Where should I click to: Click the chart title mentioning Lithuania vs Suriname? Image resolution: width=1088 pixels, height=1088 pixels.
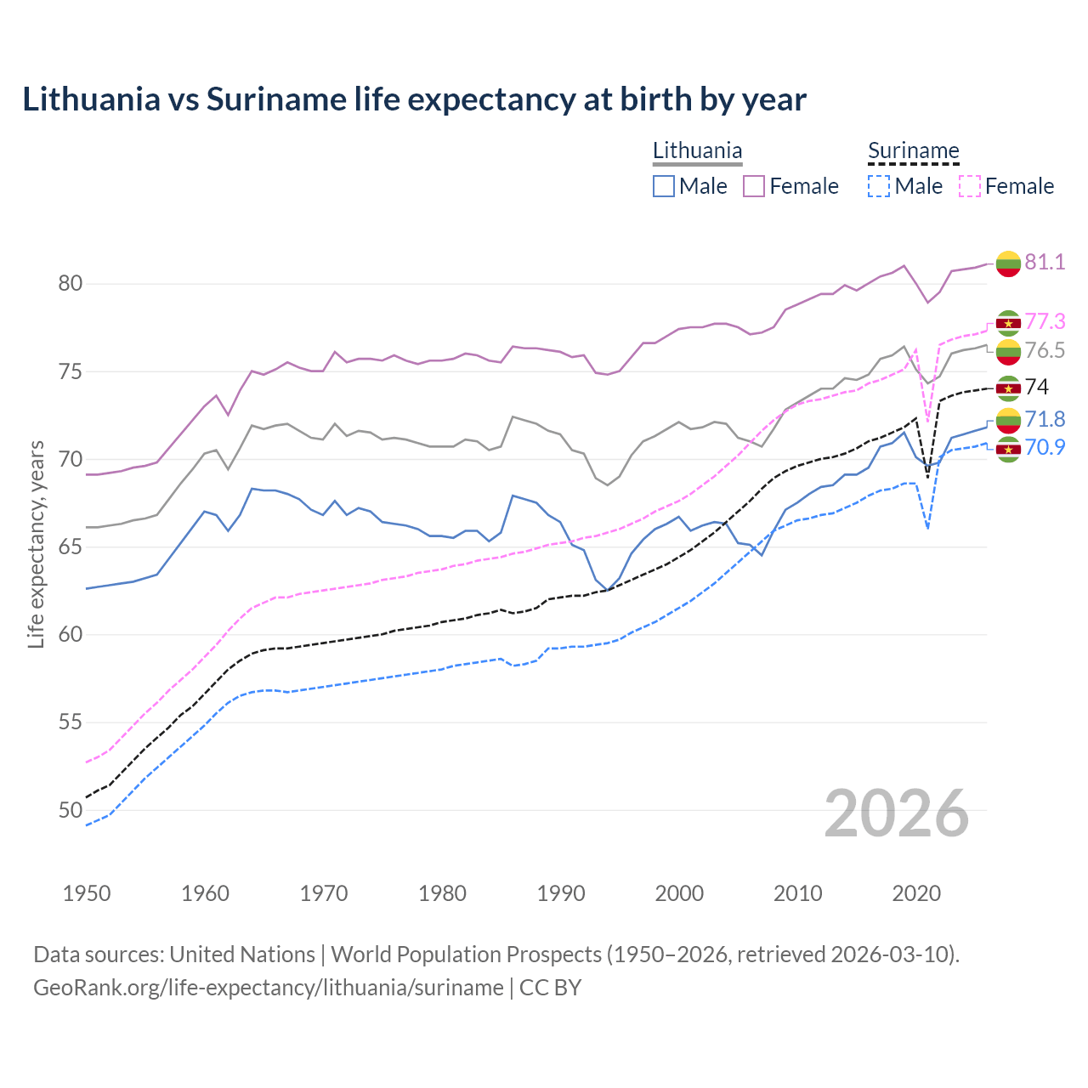point(414,99)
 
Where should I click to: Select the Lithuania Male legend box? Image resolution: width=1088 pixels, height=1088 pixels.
point(664,186)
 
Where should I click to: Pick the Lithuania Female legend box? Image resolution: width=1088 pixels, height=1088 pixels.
point(754,186)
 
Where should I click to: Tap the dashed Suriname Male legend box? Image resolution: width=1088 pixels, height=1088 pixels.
point(879,186)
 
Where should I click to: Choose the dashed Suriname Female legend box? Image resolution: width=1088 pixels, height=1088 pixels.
point(969,186)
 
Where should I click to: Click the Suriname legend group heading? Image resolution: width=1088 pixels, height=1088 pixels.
point(913,151)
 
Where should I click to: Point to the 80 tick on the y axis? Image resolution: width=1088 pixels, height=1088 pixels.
point(70,283)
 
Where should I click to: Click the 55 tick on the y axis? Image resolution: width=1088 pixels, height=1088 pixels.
point(70,722)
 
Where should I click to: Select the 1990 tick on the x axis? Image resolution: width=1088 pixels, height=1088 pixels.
point(561,893)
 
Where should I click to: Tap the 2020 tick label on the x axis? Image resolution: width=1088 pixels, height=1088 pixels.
point(916,893)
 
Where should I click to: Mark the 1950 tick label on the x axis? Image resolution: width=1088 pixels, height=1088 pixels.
point(87,893)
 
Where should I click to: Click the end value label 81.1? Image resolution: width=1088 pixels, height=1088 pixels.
point(1045,262)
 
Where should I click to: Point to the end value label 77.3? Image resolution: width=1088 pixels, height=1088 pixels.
point(1045,321)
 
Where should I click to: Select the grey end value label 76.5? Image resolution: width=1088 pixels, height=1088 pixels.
point(1045,350)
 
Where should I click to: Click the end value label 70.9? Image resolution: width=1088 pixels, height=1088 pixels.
point(1045,447)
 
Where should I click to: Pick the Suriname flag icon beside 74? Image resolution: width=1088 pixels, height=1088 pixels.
point(1008,388)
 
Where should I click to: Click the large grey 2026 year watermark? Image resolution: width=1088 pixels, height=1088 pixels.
point(896,813)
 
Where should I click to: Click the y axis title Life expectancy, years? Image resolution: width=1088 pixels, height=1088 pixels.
point(36,544)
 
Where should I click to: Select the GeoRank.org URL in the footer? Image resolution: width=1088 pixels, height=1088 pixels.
point(269,988)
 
